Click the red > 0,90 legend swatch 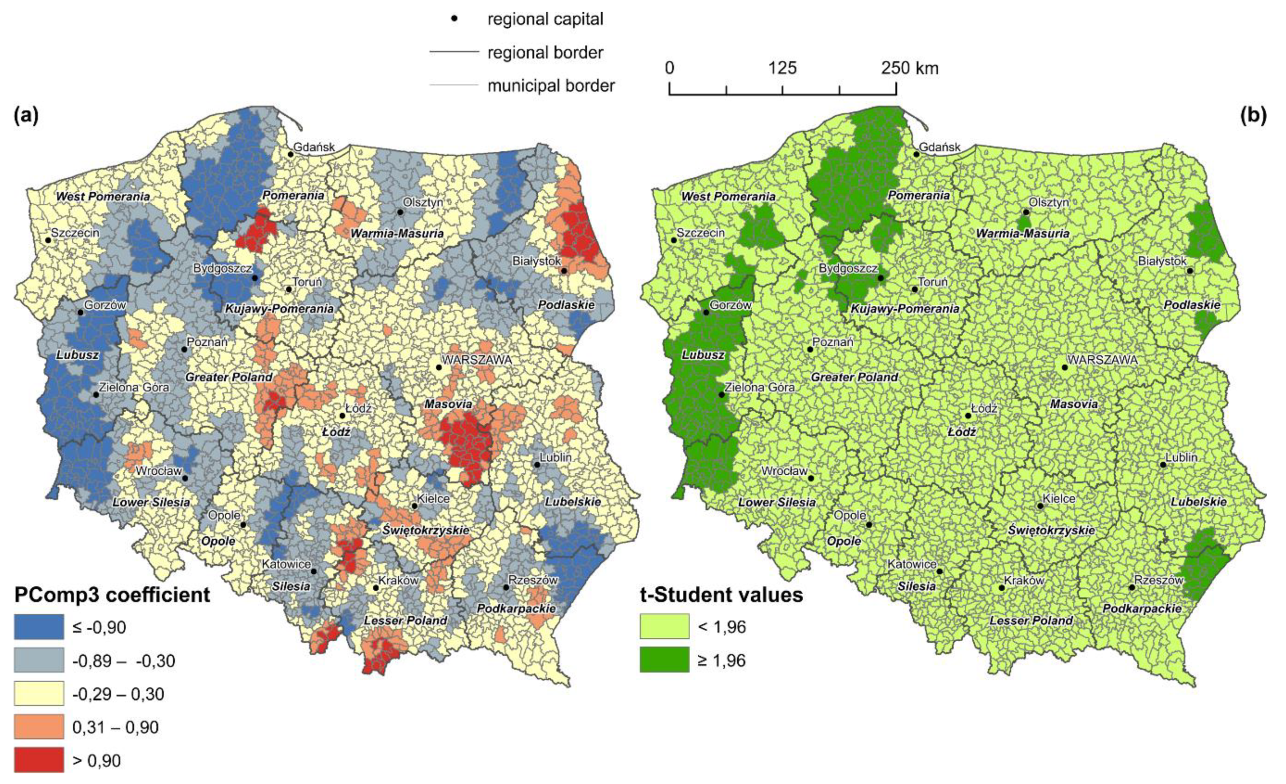click(x=39, y=759)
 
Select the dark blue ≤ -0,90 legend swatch click(x=39, y=626)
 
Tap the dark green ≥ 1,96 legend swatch click(x=664, y=660)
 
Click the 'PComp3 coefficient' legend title click(x=112, y=595)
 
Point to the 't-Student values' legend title click(x=721, y=595)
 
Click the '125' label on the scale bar click(x=782, y=68)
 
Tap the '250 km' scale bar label click(x=910, y=68)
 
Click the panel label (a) click(x=27, y=116)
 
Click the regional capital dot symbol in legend click(x=454, y=19)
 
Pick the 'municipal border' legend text click(x=551, y=85)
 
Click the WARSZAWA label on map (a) click(x=477, y=360)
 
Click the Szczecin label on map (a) click(x=75, y=232)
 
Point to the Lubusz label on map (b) click(x=703, y=355)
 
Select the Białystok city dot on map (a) click(x=564, y=271)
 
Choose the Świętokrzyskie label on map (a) click(x=426, y=530)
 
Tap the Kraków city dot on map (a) click(x=376, y=588)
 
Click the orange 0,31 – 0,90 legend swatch click(x=39, y=727)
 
